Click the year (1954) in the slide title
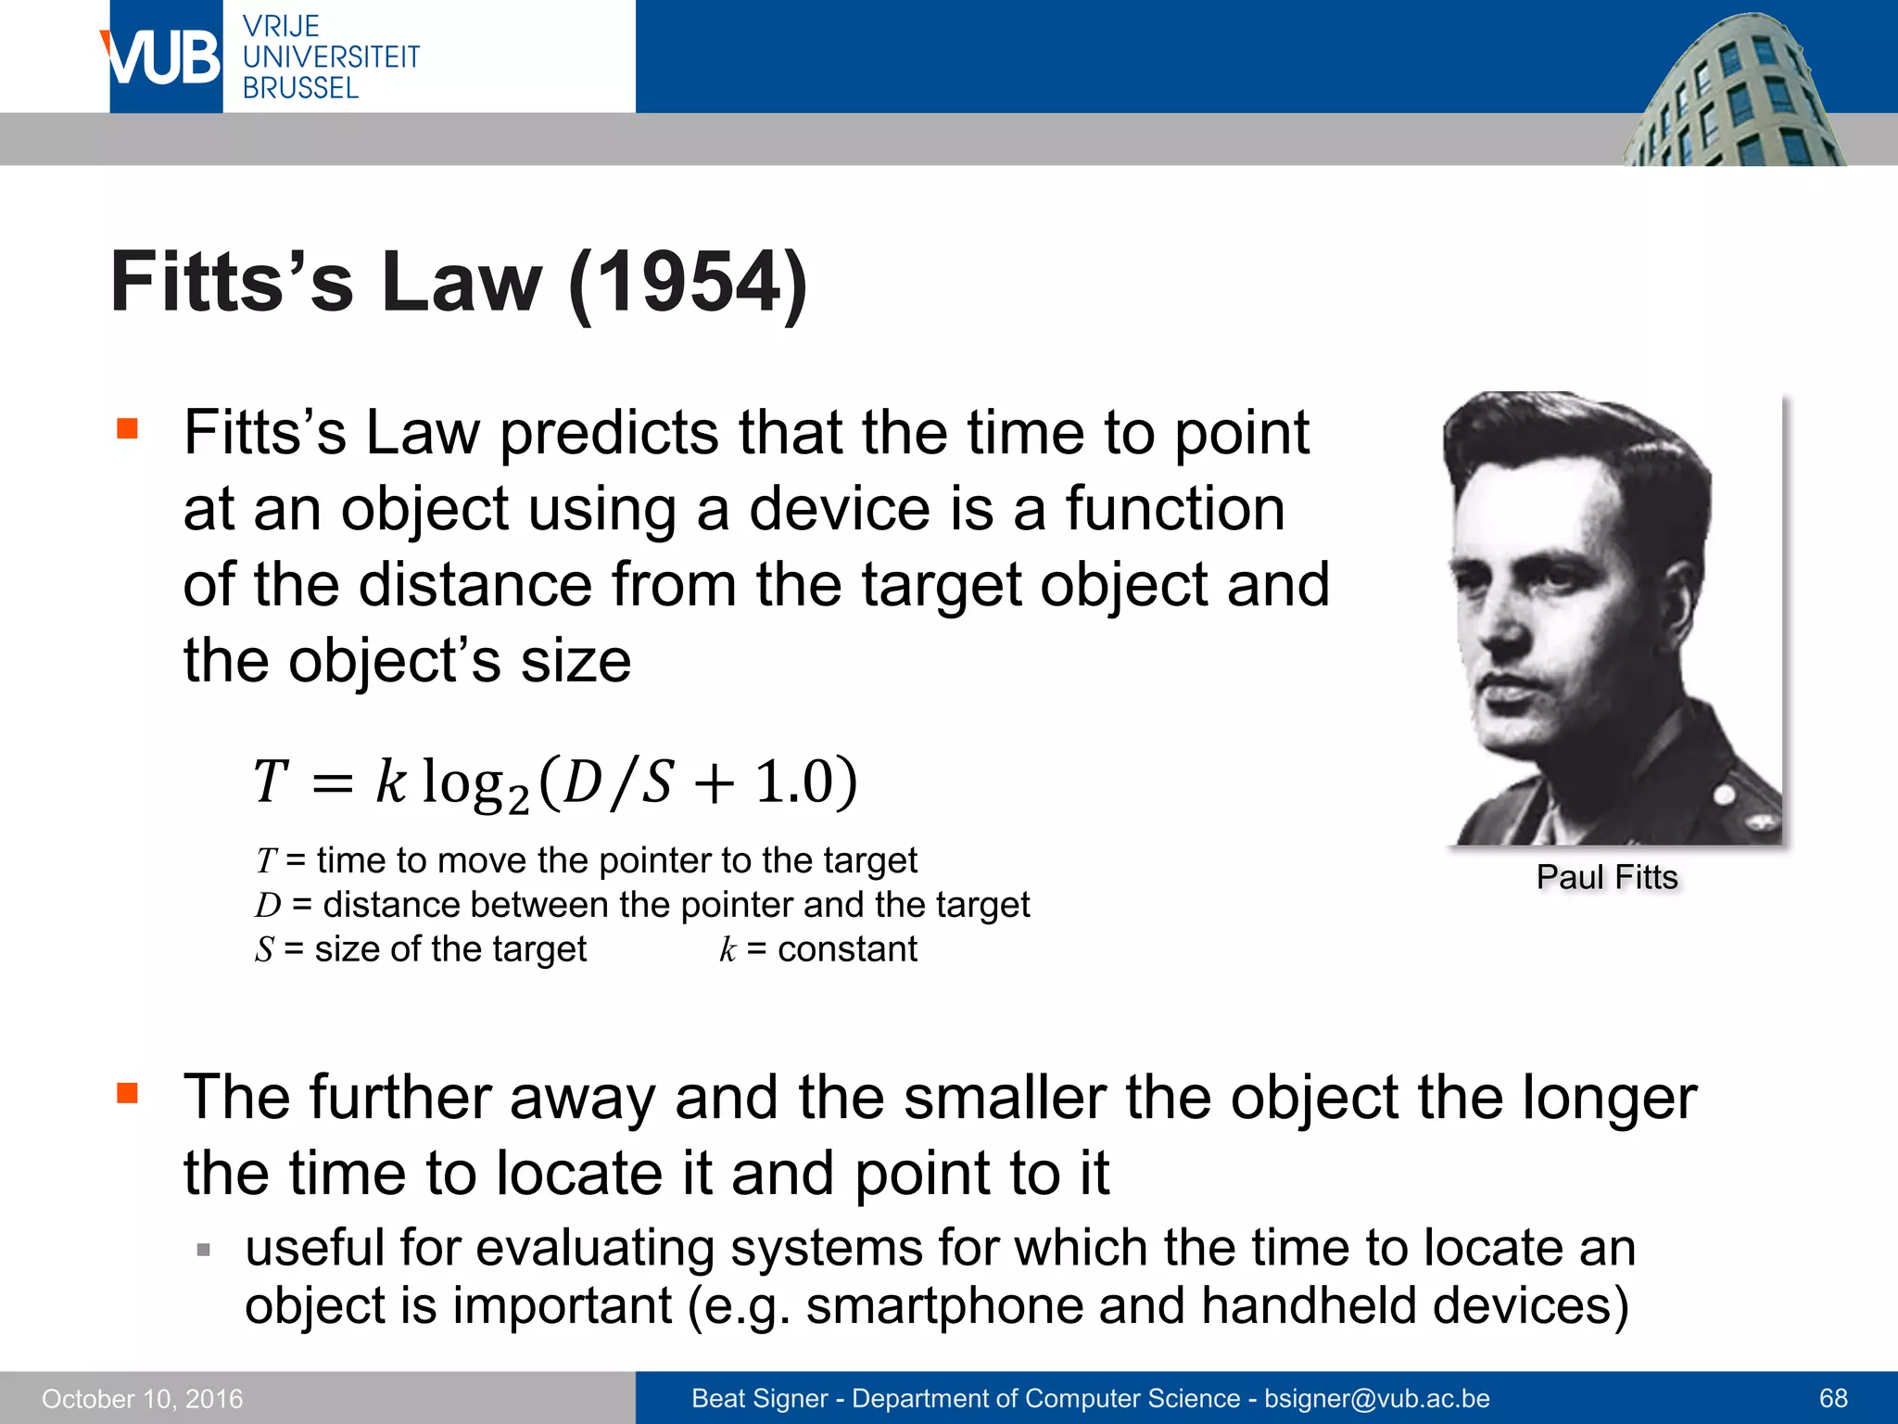click(x=688, y=283)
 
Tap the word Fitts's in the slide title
click(x=232, y=282)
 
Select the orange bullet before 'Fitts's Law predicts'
click(x=127, y=428)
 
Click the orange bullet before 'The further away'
click(x=127, y=1093)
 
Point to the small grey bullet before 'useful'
click(x=204, y=1251)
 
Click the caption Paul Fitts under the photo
click(x=1607, y=877)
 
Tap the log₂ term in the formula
click(x=474, y=783)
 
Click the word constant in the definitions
click(x=847, y=949)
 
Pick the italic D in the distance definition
click(x=268, y=905)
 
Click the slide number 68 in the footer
click(x=1833, y=1398)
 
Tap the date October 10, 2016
click(x=142, y=1398)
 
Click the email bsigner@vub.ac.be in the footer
click(x=1377, y=1398)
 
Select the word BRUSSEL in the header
click(x=300, y=88)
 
